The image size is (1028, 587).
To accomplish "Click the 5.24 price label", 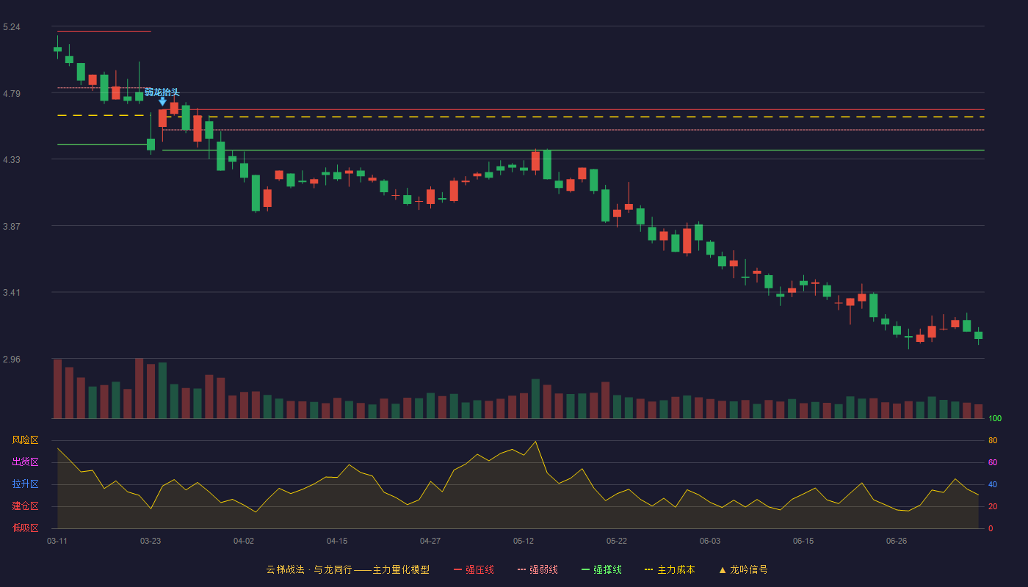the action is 12,27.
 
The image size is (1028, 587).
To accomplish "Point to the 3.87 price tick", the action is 12,226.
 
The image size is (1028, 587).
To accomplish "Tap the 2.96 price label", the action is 12,359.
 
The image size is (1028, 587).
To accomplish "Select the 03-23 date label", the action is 151,542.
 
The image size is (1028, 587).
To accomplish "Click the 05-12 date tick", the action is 524,542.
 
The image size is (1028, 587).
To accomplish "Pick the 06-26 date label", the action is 897,542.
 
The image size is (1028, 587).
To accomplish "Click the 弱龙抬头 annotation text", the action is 162,92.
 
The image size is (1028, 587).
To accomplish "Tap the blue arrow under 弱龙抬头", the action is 162,101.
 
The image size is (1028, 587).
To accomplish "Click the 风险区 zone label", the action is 25,440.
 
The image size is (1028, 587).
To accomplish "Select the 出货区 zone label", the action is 25,462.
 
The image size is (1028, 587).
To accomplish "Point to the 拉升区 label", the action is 25,484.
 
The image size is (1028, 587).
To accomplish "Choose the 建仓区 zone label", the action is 25,506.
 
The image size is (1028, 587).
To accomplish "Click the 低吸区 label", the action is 25,528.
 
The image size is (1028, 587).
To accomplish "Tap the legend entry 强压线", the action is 474,569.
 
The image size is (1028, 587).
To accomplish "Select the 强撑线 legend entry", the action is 601,569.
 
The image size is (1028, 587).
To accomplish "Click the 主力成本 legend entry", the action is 670,569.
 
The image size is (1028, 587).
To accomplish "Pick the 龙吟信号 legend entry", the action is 743,569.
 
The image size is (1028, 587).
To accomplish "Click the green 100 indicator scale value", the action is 995,418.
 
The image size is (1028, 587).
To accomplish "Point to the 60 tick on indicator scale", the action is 993,462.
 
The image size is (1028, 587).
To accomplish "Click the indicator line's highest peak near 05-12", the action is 535,441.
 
